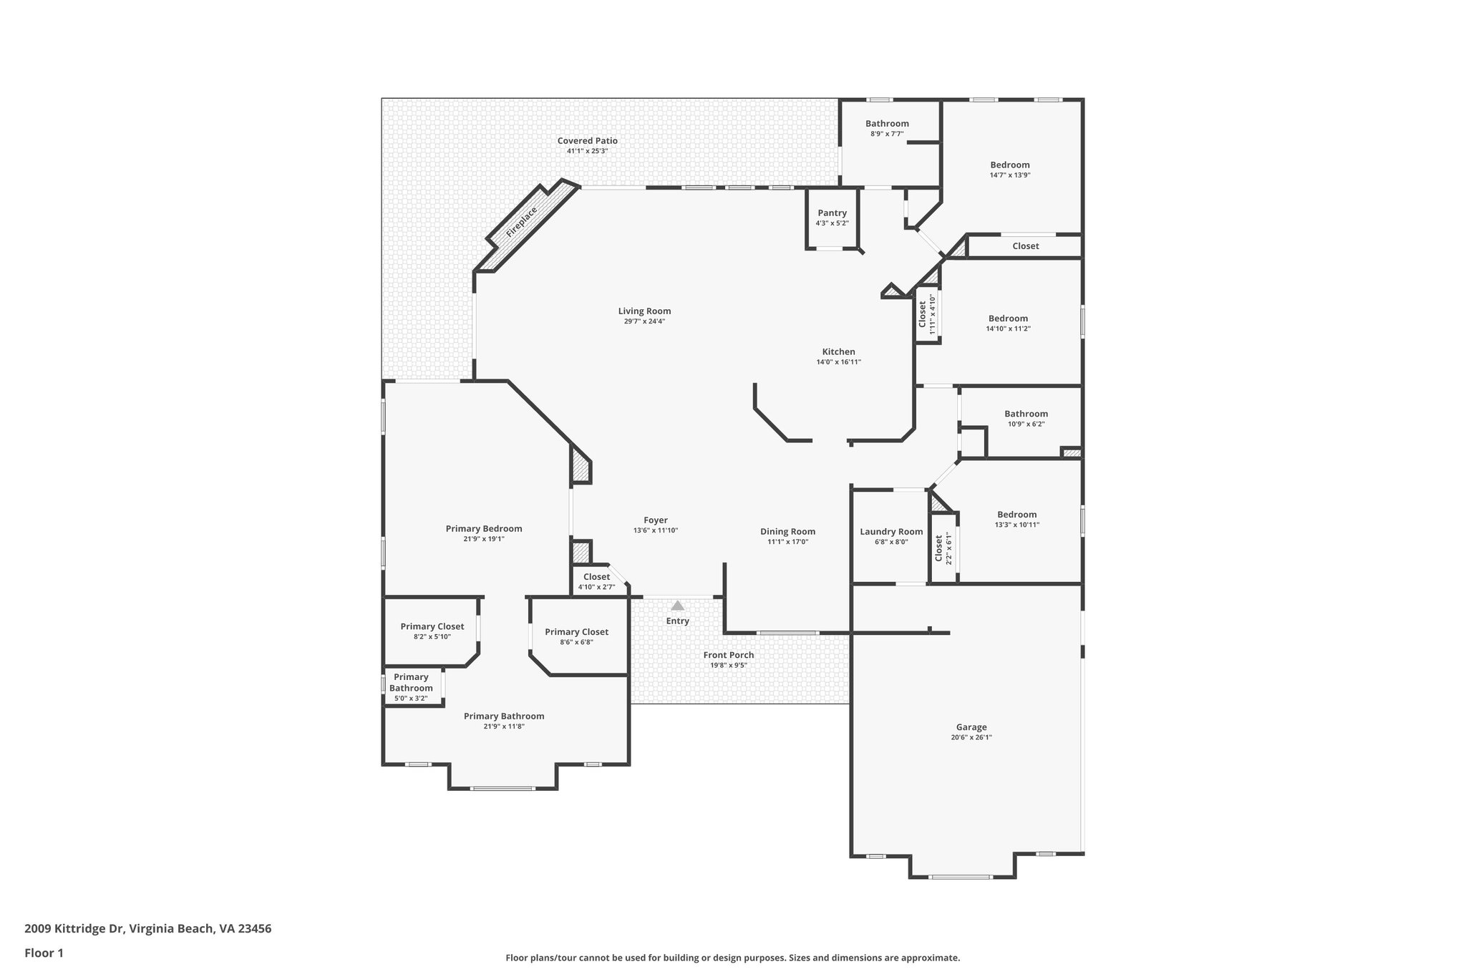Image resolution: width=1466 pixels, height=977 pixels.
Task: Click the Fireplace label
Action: [x=522, y=223]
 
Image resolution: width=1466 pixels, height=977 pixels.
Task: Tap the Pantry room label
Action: [x=832, y=213]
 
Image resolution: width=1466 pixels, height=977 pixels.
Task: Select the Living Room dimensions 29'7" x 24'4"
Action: [x=644, y=321]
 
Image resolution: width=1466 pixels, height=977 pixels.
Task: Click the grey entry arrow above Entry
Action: [x=677, y=606]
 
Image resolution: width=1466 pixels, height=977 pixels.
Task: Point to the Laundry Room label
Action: [x=891, y=531]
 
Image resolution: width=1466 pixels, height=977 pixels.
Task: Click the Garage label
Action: [x=971, y=727]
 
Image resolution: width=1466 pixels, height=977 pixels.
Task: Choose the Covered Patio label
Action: [x=587, y=140]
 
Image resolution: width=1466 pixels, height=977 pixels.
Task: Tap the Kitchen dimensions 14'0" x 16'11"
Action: [x=838, y=362]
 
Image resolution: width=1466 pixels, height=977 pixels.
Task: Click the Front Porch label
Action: [x=728, y=655]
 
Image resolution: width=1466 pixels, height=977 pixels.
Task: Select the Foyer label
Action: [x=655, y=520]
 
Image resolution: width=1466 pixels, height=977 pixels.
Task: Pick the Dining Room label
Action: [x=787, y=531]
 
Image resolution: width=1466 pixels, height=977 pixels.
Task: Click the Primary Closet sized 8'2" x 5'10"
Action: [x=432, y=626]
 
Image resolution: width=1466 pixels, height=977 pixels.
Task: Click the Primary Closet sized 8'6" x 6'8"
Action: [x=576, y=631]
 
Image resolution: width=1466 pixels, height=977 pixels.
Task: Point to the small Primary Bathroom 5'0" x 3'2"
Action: [x=411, y=683]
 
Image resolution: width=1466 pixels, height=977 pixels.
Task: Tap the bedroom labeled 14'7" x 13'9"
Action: [x=1009, y=165]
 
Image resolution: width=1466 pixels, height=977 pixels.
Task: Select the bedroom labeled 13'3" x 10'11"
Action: [x=1016, y=514]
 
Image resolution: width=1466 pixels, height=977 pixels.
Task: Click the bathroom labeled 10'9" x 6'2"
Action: [x=1025, y=414]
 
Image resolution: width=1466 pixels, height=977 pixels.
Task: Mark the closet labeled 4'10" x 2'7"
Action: [x=596, y=577]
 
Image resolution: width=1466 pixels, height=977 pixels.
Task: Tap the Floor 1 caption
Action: [x=44, y=953]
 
